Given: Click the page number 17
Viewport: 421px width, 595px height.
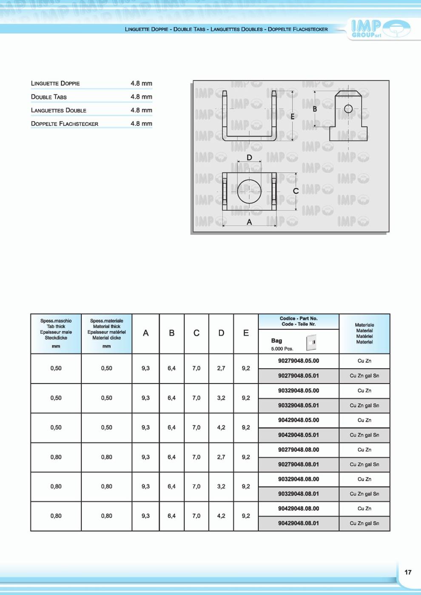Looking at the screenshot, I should (408, 572).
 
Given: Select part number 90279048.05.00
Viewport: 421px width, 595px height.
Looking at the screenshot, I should (299, 361).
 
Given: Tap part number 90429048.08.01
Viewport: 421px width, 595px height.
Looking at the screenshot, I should (299, 523).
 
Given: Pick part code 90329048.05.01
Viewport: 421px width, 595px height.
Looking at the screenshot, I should (299, 405).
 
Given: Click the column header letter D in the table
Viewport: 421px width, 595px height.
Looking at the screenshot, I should (221, 333).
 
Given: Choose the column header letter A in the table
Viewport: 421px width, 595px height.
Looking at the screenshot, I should (145, 333).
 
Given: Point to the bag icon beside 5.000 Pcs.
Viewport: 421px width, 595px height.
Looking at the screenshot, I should (311, 342).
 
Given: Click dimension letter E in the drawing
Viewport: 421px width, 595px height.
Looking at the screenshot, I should (292, 117).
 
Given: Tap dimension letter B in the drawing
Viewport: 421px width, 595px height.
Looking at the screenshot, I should (315, 109).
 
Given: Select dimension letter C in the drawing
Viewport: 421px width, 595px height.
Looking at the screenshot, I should (296, 191).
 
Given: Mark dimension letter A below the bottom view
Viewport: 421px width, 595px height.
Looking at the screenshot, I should (249, 222).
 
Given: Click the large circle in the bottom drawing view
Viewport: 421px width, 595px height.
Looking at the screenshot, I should (249, 191).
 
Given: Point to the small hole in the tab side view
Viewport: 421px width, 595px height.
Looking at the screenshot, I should (348, 108).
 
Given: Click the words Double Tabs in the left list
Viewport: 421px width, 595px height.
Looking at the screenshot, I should (49, 97).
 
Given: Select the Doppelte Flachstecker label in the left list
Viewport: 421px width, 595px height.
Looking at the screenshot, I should (65, 124).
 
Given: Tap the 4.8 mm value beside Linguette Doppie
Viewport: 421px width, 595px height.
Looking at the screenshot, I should (141, 83).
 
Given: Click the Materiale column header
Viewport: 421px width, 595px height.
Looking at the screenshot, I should (364, 333).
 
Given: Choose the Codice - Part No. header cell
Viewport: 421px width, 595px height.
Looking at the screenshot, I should (299, 321).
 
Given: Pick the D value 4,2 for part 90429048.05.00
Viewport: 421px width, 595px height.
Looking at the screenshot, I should (221, 427).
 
